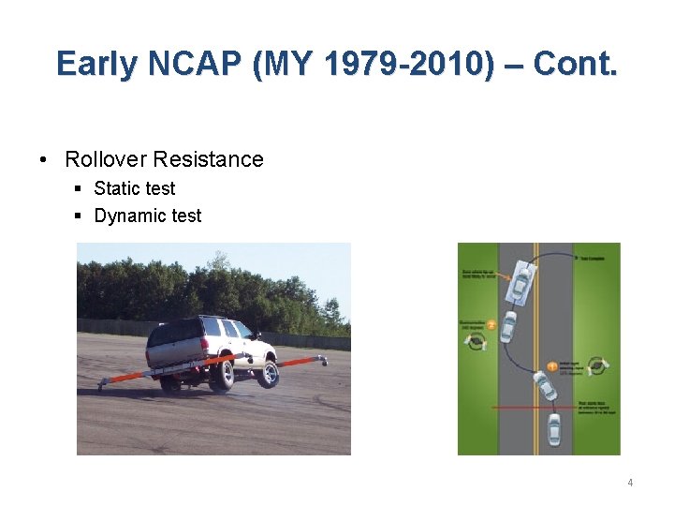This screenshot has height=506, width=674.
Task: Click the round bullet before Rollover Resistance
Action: pos(45,159)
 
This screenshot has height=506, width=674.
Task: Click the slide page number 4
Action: pos(630,483)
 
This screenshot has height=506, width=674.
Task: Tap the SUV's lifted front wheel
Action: pos(267,374)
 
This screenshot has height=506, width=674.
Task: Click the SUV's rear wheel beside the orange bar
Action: pos(223,374)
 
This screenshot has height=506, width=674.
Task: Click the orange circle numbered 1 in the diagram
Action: pos(551,366)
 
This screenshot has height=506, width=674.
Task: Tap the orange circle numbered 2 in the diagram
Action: pos(491,324)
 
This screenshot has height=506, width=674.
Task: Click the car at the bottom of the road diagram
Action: pos(554,429)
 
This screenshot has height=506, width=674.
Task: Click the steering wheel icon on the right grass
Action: pos(595,365)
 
